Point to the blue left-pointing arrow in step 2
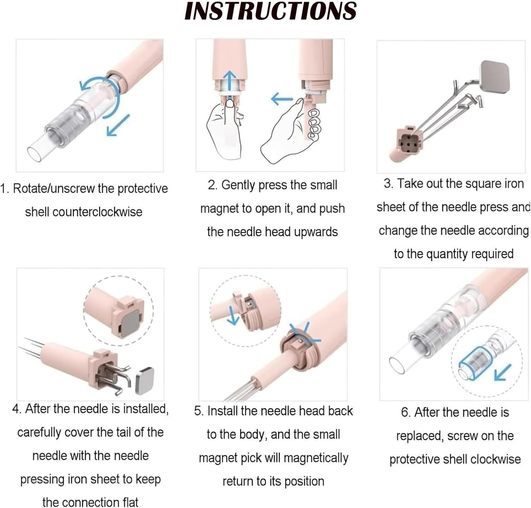pos(282,99)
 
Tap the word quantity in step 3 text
pos(448,254)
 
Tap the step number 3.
pos(388,184)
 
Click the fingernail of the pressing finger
pos(230,103)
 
